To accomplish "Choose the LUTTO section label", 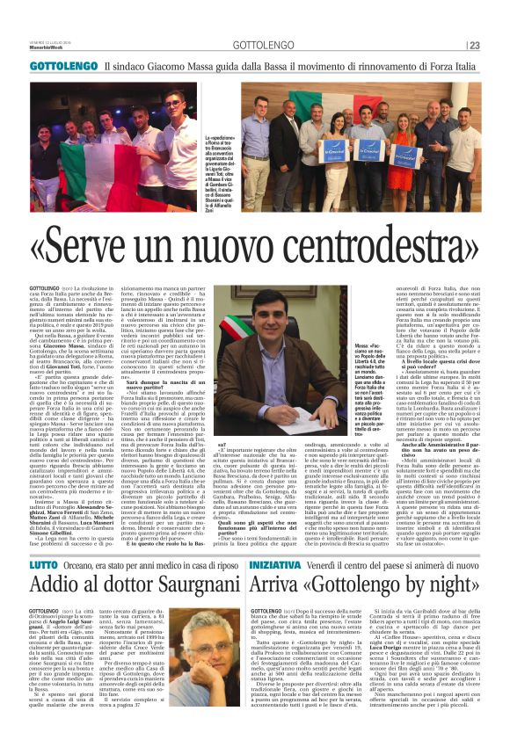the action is [45, 518].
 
